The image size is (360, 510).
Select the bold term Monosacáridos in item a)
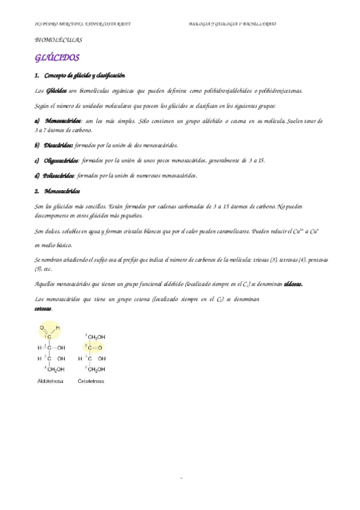(63, 121)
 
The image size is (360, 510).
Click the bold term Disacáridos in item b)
(59, 145)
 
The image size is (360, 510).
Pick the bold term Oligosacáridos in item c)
(61, 161)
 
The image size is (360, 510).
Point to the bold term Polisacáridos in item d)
(59, 176)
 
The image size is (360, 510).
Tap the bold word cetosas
(43, 309)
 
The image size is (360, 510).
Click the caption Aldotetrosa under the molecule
(50, 381)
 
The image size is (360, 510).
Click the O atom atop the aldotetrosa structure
(42, 328)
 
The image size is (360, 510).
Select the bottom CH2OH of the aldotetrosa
(56, 369)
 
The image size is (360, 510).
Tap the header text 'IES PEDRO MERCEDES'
(56, 24)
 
